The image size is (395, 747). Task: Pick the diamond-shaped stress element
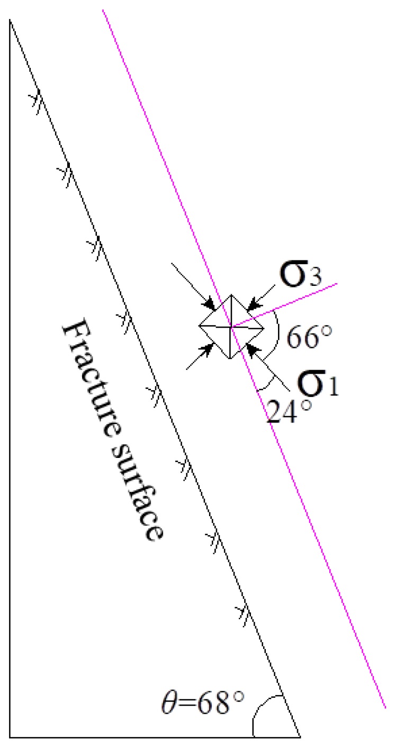click(x=231, y=327)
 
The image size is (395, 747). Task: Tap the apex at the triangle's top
click(x=10, y=20)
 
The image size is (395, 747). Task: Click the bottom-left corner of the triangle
click(x=10, y=736)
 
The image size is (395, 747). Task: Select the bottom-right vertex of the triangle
click(x=300, y=736)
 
